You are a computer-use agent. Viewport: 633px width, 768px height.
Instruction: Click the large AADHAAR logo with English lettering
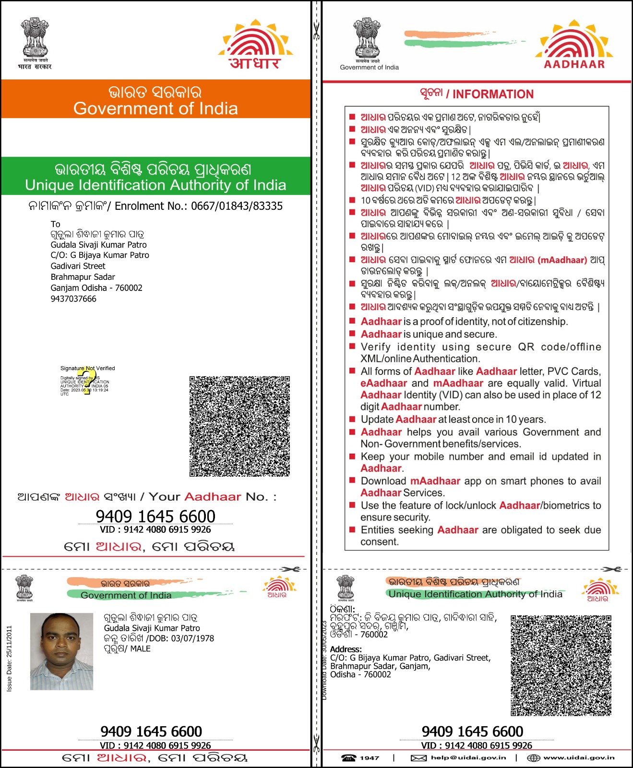pos(574,45)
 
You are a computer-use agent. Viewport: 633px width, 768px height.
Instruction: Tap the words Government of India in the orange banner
pos(155,108)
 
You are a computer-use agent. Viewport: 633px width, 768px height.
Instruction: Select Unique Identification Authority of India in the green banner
pos(155,185)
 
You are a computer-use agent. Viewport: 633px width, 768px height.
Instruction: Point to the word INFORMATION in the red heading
pos(493,94)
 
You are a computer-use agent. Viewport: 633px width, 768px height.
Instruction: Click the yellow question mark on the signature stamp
pos(87,382)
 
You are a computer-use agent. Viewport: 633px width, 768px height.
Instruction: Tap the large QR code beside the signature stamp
pos(239,426)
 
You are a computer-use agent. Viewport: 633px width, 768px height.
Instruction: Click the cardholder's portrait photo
pos(61,651)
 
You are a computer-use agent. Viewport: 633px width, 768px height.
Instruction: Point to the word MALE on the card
pos(141,649)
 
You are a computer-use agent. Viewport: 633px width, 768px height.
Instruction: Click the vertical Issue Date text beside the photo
pos(9,658)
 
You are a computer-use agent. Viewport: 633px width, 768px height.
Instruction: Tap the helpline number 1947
pos(369,758)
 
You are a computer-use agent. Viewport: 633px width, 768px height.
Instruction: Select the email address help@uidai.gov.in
pos(468,757)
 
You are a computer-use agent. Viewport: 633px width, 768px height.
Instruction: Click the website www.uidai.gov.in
pos(579,757)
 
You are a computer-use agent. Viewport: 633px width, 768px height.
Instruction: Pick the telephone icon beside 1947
pos(349,758)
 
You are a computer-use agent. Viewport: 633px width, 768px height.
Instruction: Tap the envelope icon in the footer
pos(418,758)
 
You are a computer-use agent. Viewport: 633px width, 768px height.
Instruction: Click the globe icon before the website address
pos(534,758)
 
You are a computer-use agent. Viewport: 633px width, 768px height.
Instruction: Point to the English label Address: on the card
pos(346,649)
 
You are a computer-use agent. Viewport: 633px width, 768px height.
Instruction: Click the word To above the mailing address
pos(56,224)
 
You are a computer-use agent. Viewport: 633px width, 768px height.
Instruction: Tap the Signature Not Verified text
pos(87,368)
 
